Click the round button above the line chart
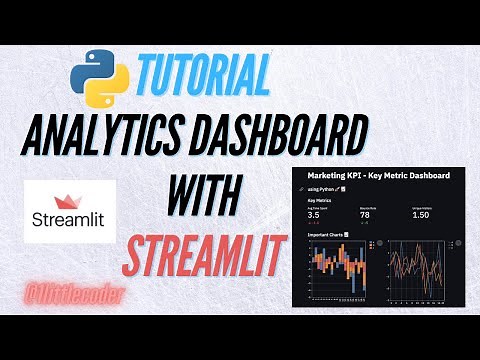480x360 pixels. click(457, 242)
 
